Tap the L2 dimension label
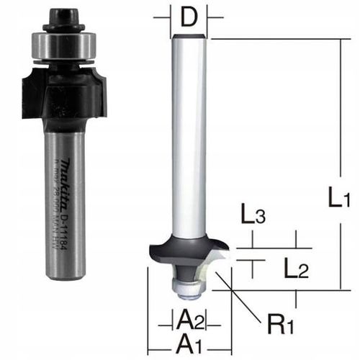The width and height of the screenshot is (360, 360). pyautogui.click(x=294, y=270)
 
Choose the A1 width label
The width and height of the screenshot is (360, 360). pyautogui.click(x=189, y=342)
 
